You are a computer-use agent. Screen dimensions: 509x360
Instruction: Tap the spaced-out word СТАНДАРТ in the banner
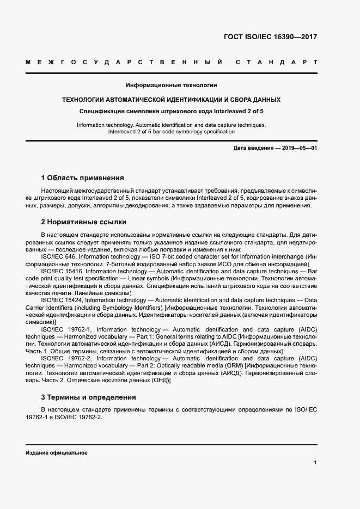(x=277, y=63)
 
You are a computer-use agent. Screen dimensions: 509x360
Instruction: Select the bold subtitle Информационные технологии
(x=172, y=85)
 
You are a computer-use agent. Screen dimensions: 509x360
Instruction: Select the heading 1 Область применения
(x=82, y=177)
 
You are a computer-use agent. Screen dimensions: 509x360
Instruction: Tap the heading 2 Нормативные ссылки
(x=84, y=222)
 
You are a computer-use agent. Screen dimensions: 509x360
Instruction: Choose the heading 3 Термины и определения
(x=88, y=397)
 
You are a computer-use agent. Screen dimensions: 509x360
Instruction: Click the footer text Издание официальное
(x=56, y=453)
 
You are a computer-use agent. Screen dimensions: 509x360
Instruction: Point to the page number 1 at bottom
(x=315, y=463)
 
